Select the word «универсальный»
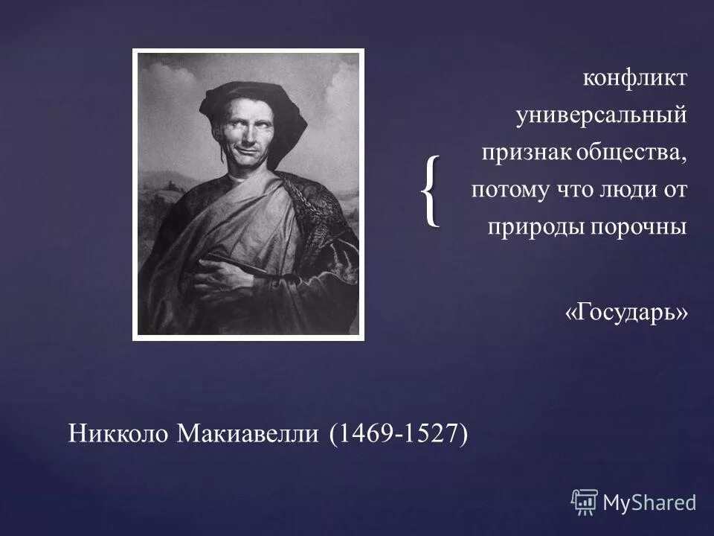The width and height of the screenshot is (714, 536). point(602,116)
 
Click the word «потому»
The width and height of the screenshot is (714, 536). point(506,191)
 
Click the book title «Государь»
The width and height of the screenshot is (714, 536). point(626,313)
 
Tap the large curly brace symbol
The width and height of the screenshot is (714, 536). point(430,192)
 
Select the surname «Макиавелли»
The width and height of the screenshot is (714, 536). point(249,434)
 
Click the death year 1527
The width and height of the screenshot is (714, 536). point(430,434)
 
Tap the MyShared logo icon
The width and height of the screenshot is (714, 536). point(585,502)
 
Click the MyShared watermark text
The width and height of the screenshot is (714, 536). point(649,503)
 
